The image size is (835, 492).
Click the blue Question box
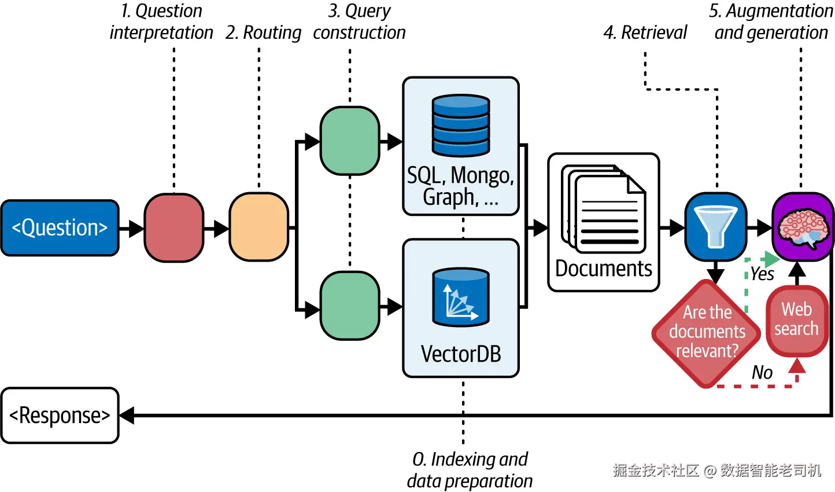60,227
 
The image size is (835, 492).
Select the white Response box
60,415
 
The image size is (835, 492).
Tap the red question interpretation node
174,227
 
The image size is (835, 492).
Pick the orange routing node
259,227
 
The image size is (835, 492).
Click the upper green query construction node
350,141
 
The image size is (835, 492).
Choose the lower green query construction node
350,306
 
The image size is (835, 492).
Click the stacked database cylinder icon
461,126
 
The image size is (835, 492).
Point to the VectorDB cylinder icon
461,298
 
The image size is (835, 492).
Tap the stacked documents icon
604,209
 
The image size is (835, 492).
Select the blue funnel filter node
716,227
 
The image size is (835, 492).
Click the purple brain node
803,227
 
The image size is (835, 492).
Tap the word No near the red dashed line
762,372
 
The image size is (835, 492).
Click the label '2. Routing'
263,32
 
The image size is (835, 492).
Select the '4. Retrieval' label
645,32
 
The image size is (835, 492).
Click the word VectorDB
461,354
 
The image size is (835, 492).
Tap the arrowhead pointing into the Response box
127,415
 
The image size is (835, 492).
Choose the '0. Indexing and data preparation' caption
470,470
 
